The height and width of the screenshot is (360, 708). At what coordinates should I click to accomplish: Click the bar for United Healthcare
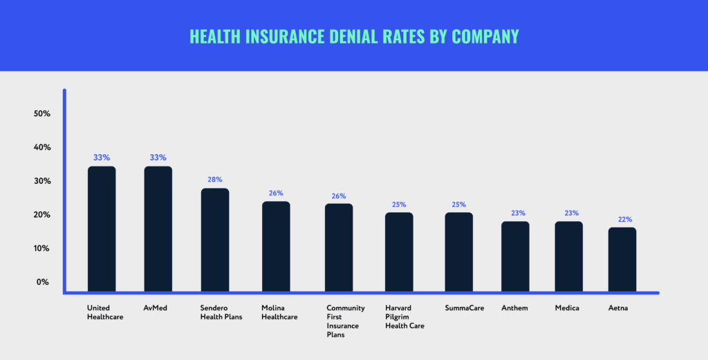pyautogui.click(x=102, y=228)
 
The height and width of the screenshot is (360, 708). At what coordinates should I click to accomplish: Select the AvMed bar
pyautogui.click(x=158, y=228)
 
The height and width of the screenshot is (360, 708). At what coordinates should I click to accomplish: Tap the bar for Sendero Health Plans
pyautogui.click(x=215, y=239)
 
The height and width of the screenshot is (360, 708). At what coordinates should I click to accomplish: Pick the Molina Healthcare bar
pyautogui.click(x=276, y=245)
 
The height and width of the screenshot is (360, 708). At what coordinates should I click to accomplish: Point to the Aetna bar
pyautogui.click(x=622, y=258)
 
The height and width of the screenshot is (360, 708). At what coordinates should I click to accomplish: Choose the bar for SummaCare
pyautogui.click(x=458, y=251)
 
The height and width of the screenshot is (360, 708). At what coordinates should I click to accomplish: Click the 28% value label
pyautogui.click(x=215, y=180)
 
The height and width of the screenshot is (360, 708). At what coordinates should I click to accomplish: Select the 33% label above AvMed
pyautogui.click(x=158, y=158)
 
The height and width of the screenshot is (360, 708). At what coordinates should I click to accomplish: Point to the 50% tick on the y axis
pyautogui.click(x=41, y=113)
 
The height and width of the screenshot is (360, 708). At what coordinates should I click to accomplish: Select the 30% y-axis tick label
pyautogui.click(x=41, y=181)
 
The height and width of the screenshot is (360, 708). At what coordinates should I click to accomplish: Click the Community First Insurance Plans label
pyautogui.click(x=346, y=321)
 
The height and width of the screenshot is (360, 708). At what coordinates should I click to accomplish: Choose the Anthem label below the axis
pyautogui.click(x=514, y=308)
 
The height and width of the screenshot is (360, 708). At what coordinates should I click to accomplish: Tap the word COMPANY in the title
pyautogui.click(x=485, y=36)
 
